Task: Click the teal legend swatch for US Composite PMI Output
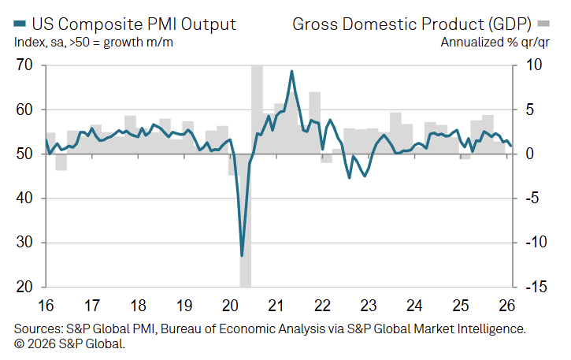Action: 20,24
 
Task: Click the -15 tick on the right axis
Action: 536,288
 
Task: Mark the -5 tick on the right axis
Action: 533,199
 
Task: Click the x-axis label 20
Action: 231,304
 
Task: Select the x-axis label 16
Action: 46,304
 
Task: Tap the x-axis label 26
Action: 506,304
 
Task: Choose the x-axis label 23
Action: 369,304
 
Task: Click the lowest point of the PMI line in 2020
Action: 242,255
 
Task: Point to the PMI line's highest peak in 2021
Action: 292,72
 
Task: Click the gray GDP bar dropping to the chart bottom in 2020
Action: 245,236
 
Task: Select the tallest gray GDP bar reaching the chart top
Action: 257,95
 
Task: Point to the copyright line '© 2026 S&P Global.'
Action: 70,343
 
